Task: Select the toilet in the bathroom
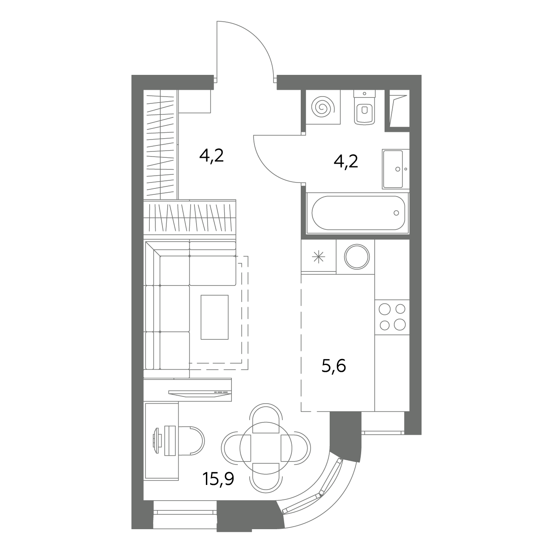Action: coord(365,107)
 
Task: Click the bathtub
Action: coord(358,213)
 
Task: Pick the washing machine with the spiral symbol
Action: coord(323,107)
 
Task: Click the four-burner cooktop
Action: coord(392,317)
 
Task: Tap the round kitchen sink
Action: coord(357,257)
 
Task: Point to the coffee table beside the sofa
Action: coord(215,317)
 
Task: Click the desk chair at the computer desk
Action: coord(191,441)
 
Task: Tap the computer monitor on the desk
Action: coord(157,441)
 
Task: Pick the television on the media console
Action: coord(200,393)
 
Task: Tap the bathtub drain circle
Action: coord(396,213)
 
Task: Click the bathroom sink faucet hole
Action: coord(398,169)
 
